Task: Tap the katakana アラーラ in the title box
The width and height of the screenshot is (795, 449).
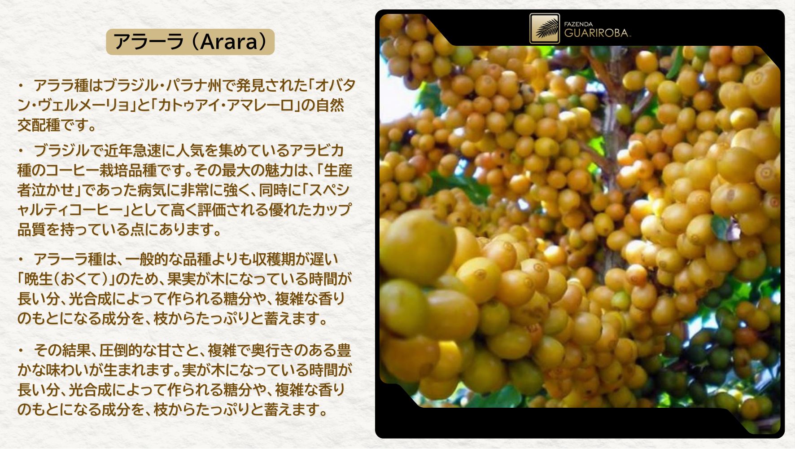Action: click(x=148, y=42)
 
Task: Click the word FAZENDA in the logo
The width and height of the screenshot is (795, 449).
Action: click(x=578, y=24)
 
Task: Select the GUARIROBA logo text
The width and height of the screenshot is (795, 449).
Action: click(x=596, y=33)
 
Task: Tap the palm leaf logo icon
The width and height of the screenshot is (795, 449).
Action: click(x=545, y=28)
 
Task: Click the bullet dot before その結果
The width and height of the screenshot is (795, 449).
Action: click(x=21, y=350)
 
